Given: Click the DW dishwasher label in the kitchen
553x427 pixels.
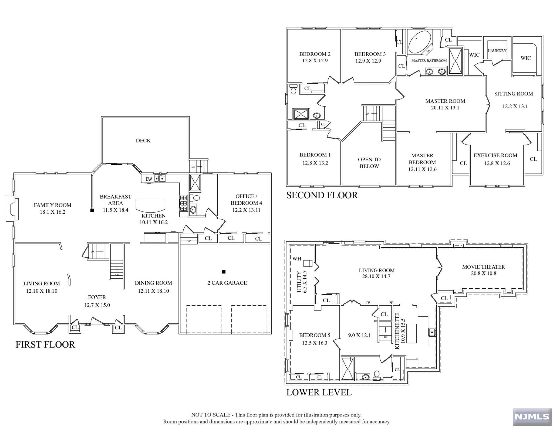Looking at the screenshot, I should pos(149,179).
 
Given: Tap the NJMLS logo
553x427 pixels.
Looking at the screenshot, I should pos(532,416).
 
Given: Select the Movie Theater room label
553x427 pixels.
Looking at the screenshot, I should pos(483,267).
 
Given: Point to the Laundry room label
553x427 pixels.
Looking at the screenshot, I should pos(497,51).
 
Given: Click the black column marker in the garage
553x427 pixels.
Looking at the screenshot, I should pos(224,272).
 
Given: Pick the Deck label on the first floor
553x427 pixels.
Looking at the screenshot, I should pos(143,141).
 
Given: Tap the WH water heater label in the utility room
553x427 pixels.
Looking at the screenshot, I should pos(296,259).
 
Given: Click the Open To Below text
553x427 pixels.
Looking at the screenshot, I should pos(369,163).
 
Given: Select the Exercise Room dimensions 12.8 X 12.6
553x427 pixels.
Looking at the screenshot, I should pos(497,163).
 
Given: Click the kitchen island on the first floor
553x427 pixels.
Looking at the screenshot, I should pos(150,205).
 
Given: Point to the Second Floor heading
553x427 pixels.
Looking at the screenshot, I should pos(322,195).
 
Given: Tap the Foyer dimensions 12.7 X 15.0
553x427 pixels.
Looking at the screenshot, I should pos(97,305).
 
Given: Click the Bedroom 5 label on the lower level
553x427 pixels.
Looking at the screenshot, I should pos(315,335).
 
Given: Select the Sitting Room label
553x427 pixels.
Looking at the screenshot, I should pos(513,94).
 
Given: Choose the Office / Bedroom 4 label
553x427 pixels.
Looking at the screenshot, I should pos(246,200).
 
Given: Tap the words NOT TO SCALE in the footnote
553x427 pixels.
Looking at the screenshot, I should pos(211,415).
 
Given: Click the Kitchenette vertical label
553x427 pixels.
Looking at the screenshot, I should pos(397,331).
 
